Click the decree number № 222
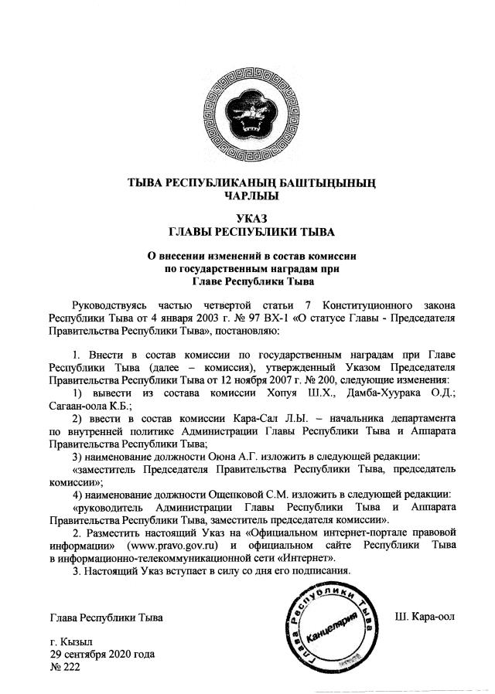coord(65,667)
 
